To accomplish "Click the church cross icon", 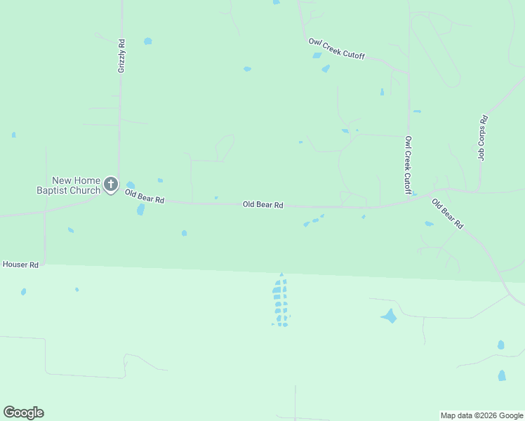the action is (110, 185).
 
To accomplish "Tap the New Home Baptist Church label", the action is (68, 185).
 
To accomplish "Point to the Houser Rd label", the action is (20, 265).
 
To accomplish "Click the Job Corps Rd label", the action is (482, 138).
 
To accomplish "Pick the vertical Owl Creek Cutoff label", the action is (408, 165).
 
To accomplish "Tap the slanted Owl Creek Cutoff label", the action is (336, 48).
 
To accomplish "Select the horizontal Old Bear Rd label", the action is (262, 205).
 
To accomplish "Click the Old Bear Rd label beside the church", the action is (145, 196).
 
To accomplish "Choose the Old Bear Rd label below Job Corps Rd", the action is (447, 215).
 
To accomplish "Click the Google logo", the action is (23, 413).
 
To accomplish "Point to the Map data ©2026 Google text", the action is (482, 415).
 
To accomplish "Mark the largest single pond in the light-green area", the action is (389, 316).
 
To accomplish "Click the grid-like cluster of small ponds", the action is (281, 301).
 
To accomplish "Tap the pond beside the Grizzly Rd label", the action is (147, 41).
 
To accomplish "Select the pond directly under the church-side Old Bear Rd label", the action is (141, 209).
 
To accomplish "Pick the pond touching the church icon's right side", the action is (130, 185).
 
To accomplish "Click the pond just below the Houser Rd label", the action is (23, 291).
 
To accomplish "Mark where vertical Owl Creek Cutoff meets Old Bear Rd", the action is (408, 202).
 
